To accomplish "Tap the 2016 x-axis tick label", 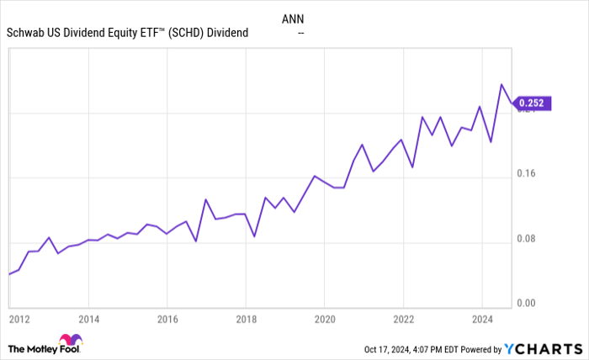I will click(x=167, y=320).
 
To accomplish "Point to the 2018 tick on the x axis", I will click(x=246, y=320).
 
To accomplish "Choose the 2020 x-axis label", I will click(x=325, y=320).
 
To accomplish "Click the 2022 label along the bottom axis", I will click(x=403, y=320).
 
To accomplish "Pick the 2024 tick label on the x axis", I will click(x=481, y=320).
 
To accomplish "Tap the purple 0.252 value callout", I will click(x=532, y=104).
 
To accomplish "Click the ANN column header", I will click(x=300, y=17).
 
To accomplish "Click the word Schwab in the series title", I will click(x=25, y=33).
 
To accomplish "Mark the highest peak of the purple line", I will click(x=502, y=84).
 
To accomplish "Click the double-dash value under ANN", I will click(x=300, y=33).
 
